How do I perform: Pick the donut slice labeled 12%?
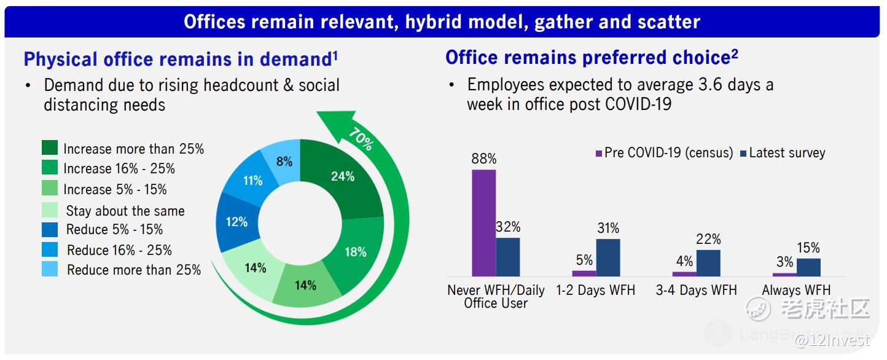point(236,222)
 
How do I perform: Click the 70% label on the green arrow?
point(361,139)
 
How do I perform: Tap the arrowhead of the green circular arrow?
point(336,125)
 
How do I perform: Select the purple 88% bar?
point(483,223)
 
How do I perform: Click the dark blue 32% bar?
point(508,257)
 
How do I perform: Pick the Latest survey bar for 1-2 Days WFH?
point(608,258)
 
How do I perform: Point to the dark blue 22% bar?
point(708,263)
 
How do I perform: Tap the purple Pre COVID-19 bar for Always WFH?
point(784,275)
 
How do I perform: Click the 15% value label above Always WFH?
point(808,248)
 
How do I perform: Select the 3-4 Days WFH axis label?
point(696,291)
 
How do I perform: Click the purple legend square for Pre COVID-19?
point(599,153)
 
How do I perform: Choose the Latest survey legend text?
point(787,153)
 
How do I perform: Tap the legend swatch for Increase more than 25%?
point(50,147)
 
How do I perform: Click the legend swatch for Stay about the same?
point(50,210)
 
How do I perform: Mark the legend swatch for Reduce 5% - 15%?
point(50,230)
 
